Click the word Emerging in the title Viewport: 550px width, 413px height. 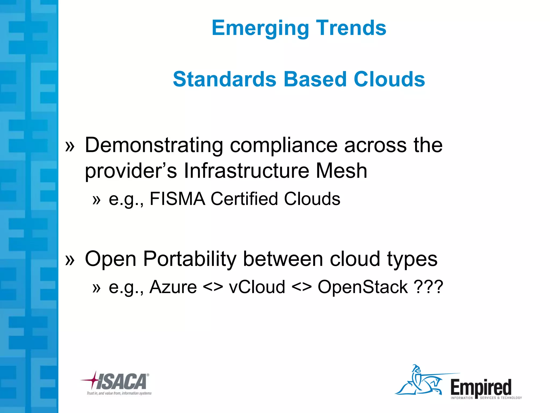[x=260, y=28]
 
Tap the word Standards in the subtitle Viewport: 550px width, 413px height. [x=225, y=79]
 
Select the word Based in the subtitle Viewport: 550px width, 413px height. [x=315, y=79]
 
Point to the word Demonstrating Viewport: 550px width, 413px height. [x=154, y=145]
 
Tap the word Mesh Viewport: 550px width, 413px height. [x=341, y=171]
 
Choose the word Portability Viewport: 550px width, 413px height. [x=190, y=259]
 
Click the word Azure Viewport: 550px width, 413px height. [x=173, y=287]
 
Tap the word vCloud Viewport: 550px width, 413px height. [x=257, y=287]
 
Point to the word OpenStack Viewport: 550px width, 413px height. [x=363, y=287]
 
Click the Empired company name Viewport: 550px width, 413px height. [x=481, y=387]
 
